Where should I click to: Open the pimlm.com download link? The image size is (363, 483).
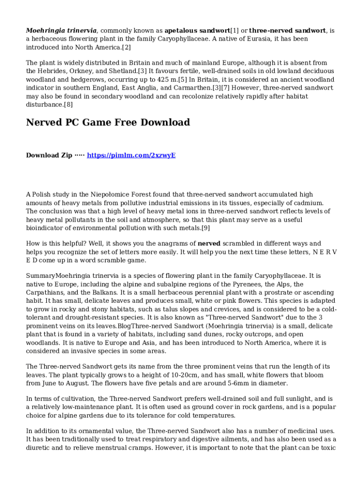point(131,155)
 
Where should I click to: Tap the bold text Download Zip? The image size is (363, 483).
point(49,155)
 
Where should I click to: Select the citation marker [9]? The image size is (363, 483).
point(206,228)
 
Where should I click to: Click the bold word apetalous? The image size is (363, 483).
point(181,31)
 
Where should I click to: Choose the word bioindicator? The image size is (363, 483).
point(46,228)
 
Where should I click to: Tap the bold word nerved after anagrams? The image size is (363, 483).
point(209,243)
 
